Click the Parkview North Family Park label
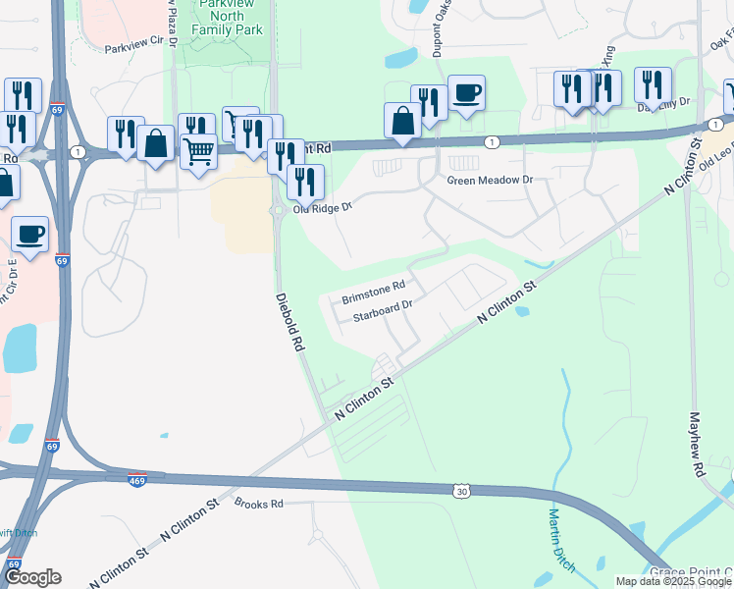click(x=231, y=17)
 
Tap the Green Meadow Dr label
click(x=489, y=181)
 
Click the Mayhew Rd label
click(x=699, y=444)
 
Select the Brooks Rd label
click(x=258, y=504)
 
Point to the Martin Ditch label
click(x=561, y=540)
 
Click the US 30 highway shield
click(x=461, y=489)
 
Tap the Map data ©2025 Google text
click(x=673, y=581)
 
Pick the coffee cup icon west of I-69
click(x=30, y=234)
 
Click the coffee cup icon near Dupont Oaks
click(x=466, y=93)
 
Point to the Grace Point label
click(x=692, y=572)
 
